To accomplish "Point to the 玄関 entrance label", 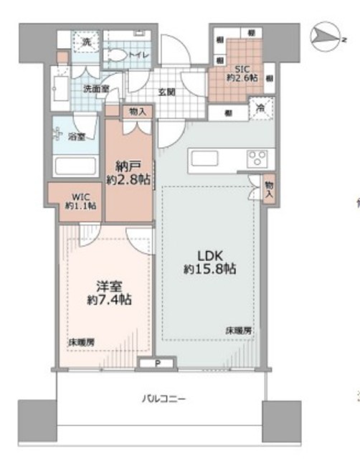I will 166,92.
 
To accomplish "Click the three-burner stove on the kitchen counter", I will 256,158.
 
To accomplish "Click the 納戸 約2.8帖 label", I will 128,171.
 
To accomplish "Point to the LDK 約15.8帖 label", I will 209,262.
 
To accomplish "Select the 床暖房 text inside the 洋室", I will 82,341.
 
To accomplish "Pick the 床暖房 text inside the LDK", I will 239,331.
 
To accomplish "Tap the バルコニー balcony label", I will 163,399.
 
